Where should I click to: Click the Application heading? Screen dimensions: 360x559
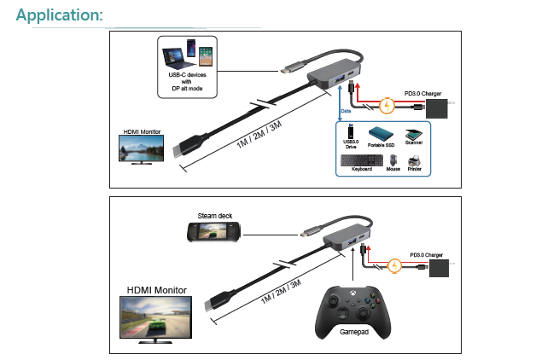[60, 15]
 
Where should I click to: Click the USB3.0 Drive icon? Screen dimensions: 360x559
[351, 136]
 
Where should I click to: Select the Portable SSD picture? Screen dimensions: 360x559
[381, 135]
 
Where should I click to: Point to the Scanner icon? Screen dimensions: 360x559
[413, 134]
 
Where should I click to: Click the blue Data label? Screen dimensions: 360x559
[346, 111]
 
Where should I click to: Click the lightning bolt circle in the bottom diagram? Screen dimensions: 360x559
[394, 265]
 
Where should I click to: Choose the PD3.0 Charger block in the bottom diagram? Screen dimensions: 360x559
[440, 269]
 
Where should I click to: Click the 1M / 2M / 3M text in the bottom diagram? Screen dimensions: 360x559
[280, 295]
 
